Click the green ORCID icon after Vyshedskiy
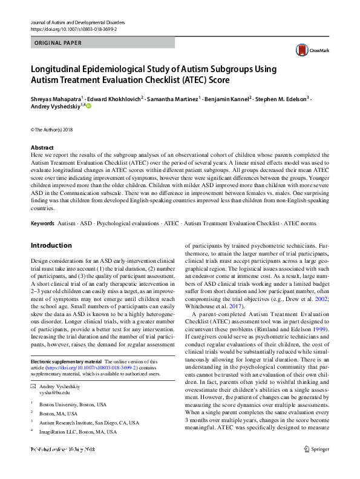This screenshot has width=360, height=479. [x=88, y=107]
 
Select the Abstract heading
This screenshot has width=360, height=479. [x=42, y=148]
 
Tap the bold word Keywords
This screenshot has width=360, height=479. [x=42, y=223]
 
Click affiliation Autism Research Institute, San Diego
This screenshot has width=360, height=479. [x=88, y=423]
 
